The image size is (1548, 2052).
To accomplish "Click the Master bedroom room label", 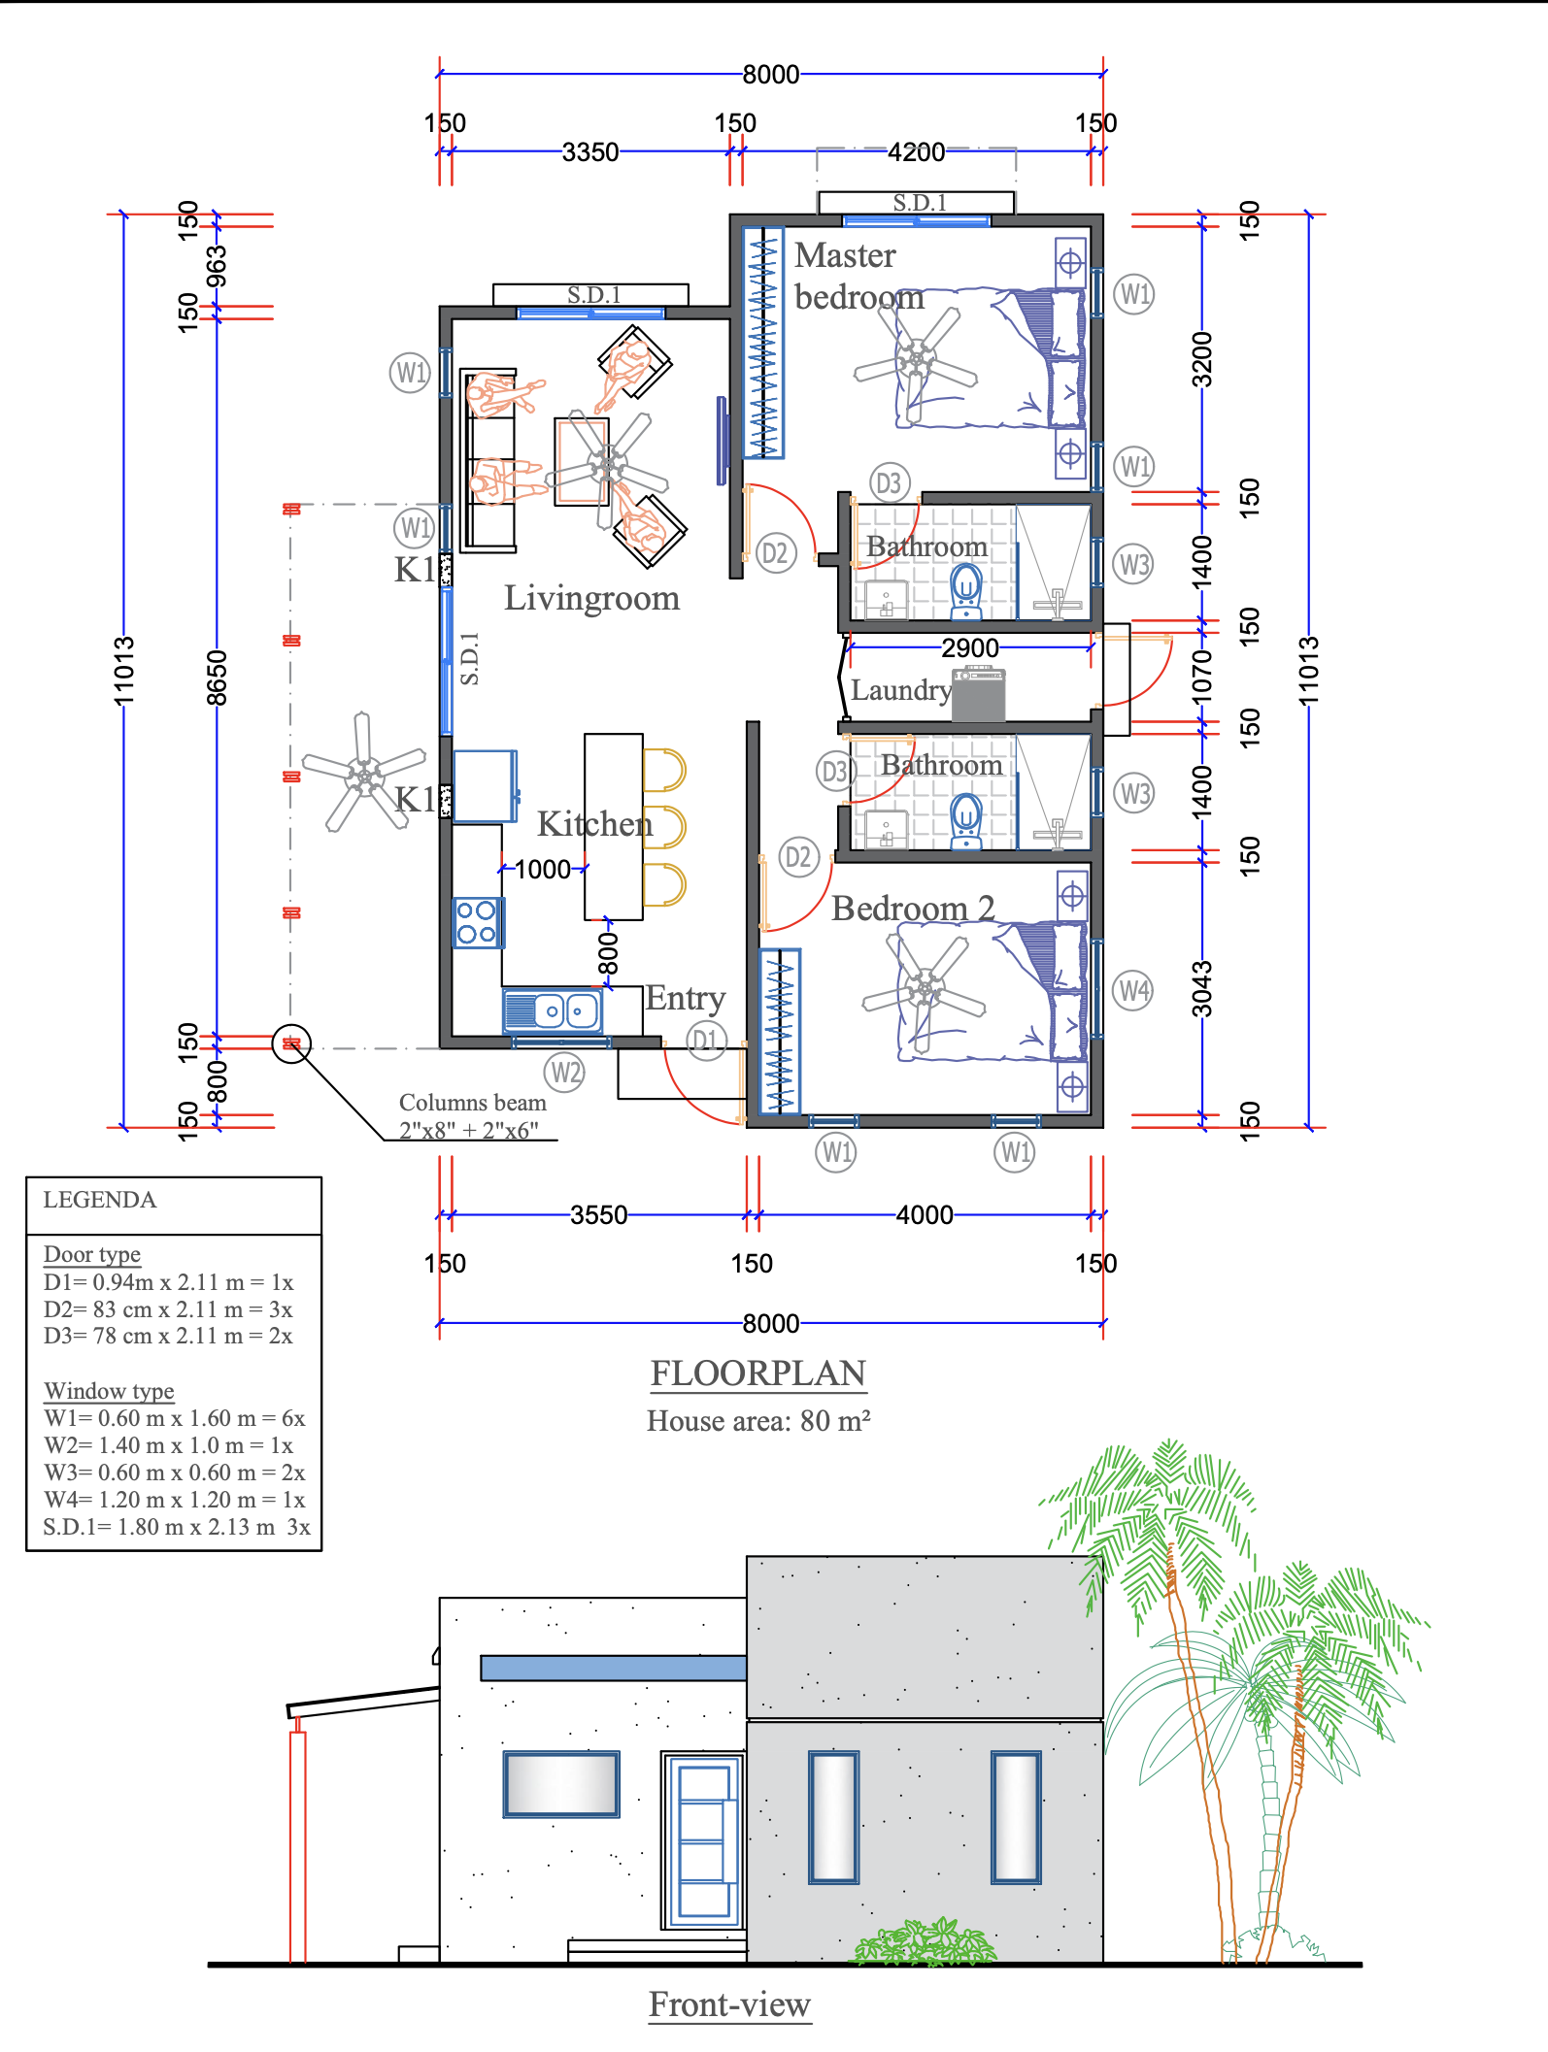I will [x=858, y=276].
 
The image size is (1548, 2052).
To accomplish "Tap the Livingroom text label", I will [x=591, y=598].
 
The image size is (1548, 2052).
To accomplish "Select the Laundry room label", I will [x=900, y=690].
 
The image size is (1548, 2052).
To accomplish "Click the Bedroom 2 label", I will [x=912, y=909].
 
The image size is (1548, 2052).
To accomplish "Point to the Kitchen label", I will [x=594, y=824].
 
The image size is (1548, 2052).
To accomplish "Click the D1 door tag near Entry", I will [x=706, y=1041].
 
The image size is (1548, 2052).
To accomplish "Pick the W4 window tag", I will [x=1132, y=991].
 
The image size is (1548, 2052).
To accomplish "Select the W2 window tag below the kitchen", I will [x=564, y=1073].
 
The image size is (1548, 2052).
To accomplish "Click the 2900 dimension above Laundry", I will [x=969, y=647].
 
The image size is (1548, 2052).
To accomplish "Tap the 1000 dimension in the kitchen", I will [x=542, y=869].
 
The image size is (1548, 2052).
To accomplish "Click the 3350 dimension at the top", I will [x=589, y=152].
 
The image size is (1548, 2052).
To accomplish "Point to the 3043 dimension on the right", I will [x=1202, y=988].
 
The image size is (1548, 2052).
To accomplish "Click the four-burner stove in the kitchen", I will [x=477, y=922].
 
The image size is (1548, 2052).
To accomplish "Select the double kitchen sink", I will [x=553, y=1011].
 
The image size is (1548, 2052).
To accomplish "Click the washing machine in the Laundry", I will [x=978, y=695].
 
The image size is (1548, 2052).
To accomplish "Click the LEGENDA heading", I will [x=99, y=1200].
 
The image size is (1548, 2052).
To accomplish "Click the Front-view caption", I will [x=729, y=2004].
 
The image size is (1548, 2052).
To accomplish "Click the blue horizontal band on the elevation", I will [x=613, y=1668].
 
